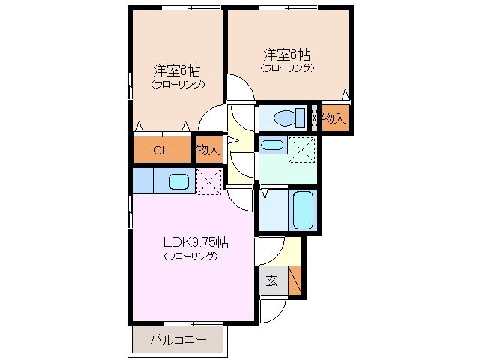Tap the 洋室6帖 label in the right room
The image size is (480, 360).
pos(287,55)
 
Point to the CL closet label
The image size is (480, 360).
pos(160,150)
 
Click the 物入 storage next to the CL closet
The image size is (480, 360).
pos(208,150)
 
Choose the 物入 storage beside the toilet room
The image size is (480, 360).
pos(334,118)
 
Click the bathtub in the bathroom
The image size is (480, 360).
pos(303,211)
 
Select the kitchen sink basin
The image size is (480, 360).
pos(178,181)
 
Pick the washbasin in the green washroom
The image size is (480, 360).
pos(272,145)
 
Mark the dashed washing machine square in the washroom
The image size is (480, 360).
pos(303,150)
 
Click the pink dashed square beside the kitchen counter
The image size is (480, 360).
pos(208,181)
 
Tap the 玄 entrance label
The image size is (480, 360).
pos(271,282)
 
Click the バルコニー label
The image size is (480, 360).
pos(178,341)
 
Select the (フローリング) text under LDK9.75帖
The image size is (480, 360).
pos(190,256)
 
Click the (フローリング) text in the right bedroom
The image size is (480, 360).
pos(287,68)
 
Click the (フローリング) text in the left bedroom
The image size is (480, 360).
pos(177,85)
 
